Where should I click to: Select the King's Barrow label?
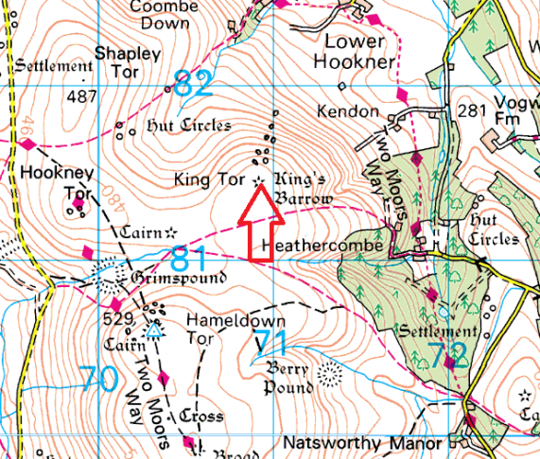303,188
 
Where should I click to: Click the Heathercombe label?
325,246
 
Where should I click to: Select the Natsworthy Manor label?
362,443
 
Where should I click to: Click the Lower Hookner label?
355,52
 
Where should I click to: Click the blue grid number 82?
194,84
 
